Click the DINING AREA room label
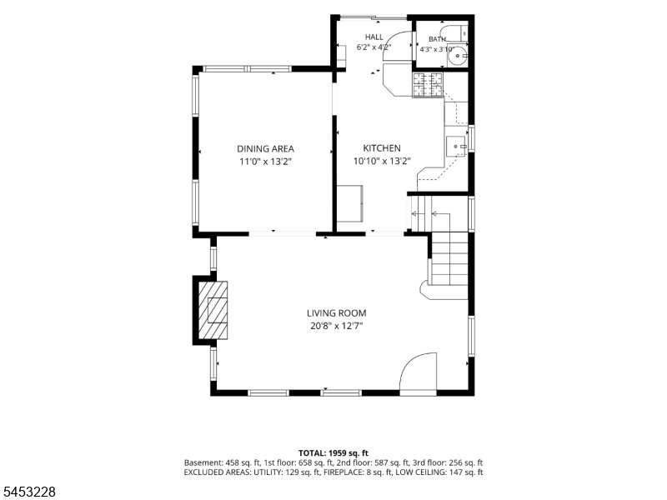pyautogui.click(x=265, y=149)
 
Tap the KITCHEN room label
pyautogui.click(x=382, y=148)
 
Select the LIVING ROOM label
pyautogui.click(x=337, y=313)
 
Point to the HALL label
pyautogui.click(x=374, y=37)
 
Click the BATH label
pyautogui.click(x=437, y=39)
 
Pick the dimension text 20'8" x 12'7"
pyautogui.click(x=337, y=326)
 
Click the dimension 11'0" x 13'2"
pyautogui.click(x=265, y=162)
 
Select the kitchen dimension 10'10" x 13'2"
pyautogui.click(x=382, y=161)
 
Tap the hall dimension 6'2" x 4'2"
pyautogui.click(x=374, y=47)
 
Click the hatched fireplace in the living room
pyautogui.click(x=213, y=310)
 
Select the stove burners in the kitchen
pyautogui.click(x=428, y=85)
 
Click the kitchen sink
pyautogui.click(x=456, y=147)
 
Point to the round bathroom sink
pyautogui.click(x=458, y=55)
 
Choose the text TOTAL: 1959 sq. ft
pyautogui.click(x=333, y=452)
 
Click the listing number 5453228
pyautogui.click(x=28, y=492)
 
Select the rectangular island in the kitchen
pyautogui.click(x=350, y=203)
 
